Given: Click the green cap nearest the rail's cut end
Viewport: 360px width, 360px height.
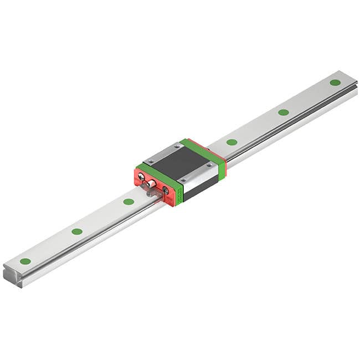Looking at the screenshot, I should pos(25,261).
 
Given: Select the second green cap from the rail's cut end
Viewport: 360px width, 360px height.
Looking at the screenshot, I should pos(77,231).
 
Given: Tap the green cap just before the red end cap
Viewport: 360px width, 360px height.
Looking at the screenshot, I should pos(128,202).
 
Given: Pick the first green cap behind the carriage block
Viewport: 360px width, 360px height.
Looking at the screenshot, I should pos(232,142).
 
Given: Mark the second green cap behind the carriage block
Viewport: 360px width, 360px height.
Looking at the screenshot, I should pos(283,112).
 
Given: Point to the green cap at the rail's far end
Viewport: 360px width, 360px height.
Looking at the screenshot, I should pos(335,83).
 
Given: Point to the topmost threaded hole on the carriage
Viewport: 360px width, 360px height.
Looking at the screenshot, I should pos(177,146).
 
